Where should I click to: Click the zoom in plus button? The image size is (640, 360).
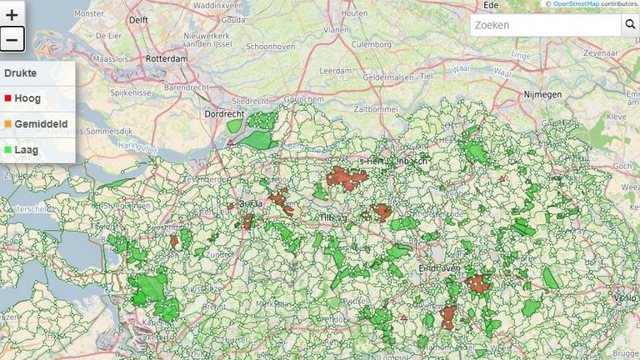click(12, 14)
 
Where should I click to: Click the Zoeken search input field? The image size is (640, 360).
click(546, 25)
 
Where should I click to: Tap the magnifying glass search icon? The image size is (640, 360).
click(630, 25)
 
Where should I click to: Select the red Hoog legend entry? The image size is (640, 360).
click(27, 98)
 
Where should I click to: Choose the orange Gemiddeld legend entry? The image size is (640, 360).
click(39, 124)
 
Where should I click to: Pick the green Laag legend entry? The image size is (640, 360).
click(27, 150)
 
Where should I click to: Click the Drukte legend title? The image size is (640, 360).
click(20, 73)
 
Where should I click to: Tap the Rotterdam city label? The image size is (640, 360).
click(163, 59)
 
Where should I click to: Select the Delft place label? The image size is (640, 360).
click(138, 20)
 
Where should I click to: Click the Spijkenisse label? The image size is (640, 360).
click(127, 92)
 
